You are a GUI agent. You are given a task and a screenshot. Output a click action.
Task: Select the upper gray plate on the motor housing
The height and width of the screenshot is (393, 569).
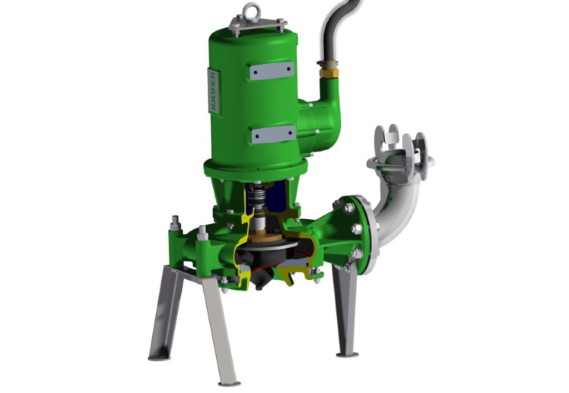pos(271,70)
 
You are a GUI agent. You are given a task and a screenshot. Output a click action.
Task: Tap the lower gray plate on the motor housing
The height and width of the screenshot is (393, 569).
pos(273,134)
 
